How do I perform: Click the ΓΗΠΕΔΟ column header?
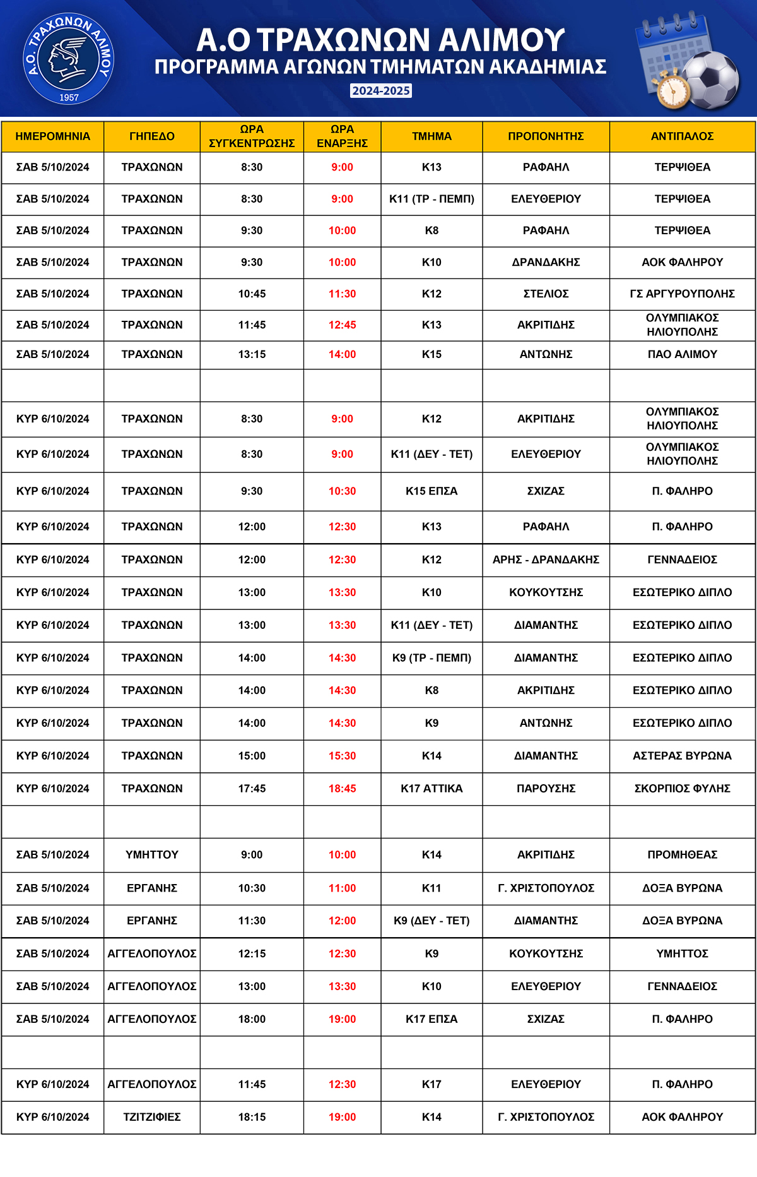[151, 136]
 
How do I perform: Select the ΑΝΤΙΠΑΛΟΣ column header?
[682, 136]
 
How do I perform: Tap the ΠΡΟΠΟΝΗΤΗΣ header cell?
[546, 136]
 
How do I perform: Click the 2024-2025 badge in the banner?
[381, 91]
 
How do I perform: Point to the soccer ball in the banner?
[712, 80]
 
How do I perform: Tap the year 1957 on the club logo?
[69, 97]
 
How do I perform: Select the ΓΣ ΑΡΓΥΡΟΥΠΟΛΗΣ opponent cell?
[682, 294]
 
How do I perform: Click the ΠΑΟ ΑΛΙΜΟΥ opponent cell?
[682, 354]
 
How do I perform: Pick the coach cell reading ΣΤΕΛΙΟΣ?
[546, 294]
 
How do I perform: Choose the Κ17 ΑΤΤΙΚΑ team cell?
[431, 789]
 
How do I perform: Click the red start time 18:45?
[342, 789]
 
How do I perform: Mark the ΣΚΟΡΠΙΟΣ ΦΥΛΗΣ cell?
[682, 789]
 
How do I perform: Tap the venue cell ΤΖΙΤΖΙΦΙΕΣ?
[151, 1117]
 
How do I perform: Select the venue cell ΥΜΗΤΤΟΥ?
[151, 855]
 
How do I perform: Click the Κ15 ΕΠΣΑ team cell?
[431, 491]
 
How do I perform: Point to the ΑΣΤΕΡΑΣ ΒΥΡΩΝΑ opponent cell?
[682, 756]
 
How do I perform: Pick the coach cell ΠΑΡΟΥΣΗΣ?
[546, 789]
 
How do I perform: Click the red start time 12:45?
[342, 325]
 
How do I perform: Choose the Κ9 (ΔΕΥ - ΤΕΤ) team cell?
[431, 921]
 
